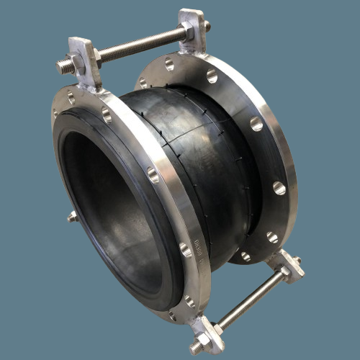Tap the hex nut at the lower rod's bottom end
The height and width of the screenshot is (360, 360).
click(x=198, y=346)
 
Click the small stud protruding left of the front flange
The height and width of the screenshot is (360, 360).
click(x=72, y=216)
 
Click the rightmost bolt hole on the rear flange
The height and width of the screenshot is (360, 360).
click(x=279, y=189)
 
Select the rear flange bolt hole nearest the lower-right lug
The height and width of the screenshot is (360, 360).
click(x=273, y=236)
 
